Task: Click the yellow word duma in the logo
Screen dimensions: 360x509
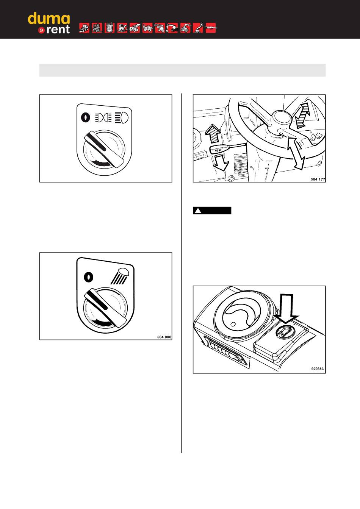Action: point(49,19)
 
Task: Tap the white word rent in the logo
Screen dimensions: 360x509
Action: point(58,30)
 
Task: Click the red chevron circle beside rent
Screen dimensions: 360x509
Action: point(41,30)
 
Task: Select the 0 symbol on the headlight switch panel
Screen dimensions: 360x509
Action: point(86,118)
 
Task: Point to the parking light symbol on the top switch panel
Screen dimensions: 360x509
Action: point(103,118)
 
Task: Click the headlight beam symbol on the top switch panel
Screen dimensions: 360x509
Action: point(122,118)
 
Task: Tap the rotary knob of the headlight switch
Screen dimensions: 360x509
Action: point(104,149)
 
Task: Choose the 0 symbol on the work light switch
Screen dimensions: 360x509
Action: point(88,277)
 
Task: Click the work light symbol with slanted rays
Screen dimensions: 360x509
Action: point(120,276)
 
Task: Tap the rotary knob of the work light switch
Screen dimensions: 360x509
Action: point(105,308)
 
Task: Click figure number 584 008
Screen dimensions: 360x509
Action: point(164,337)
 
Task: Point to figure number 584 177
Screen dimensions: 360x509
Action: point(318,179)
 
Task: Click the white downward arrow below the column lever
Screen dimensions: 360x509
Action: point(221,162)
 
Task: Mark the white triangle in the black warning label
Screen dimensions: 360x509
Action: point(198,211)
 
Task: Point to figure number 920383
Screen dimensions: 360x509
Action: point(318,369)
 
